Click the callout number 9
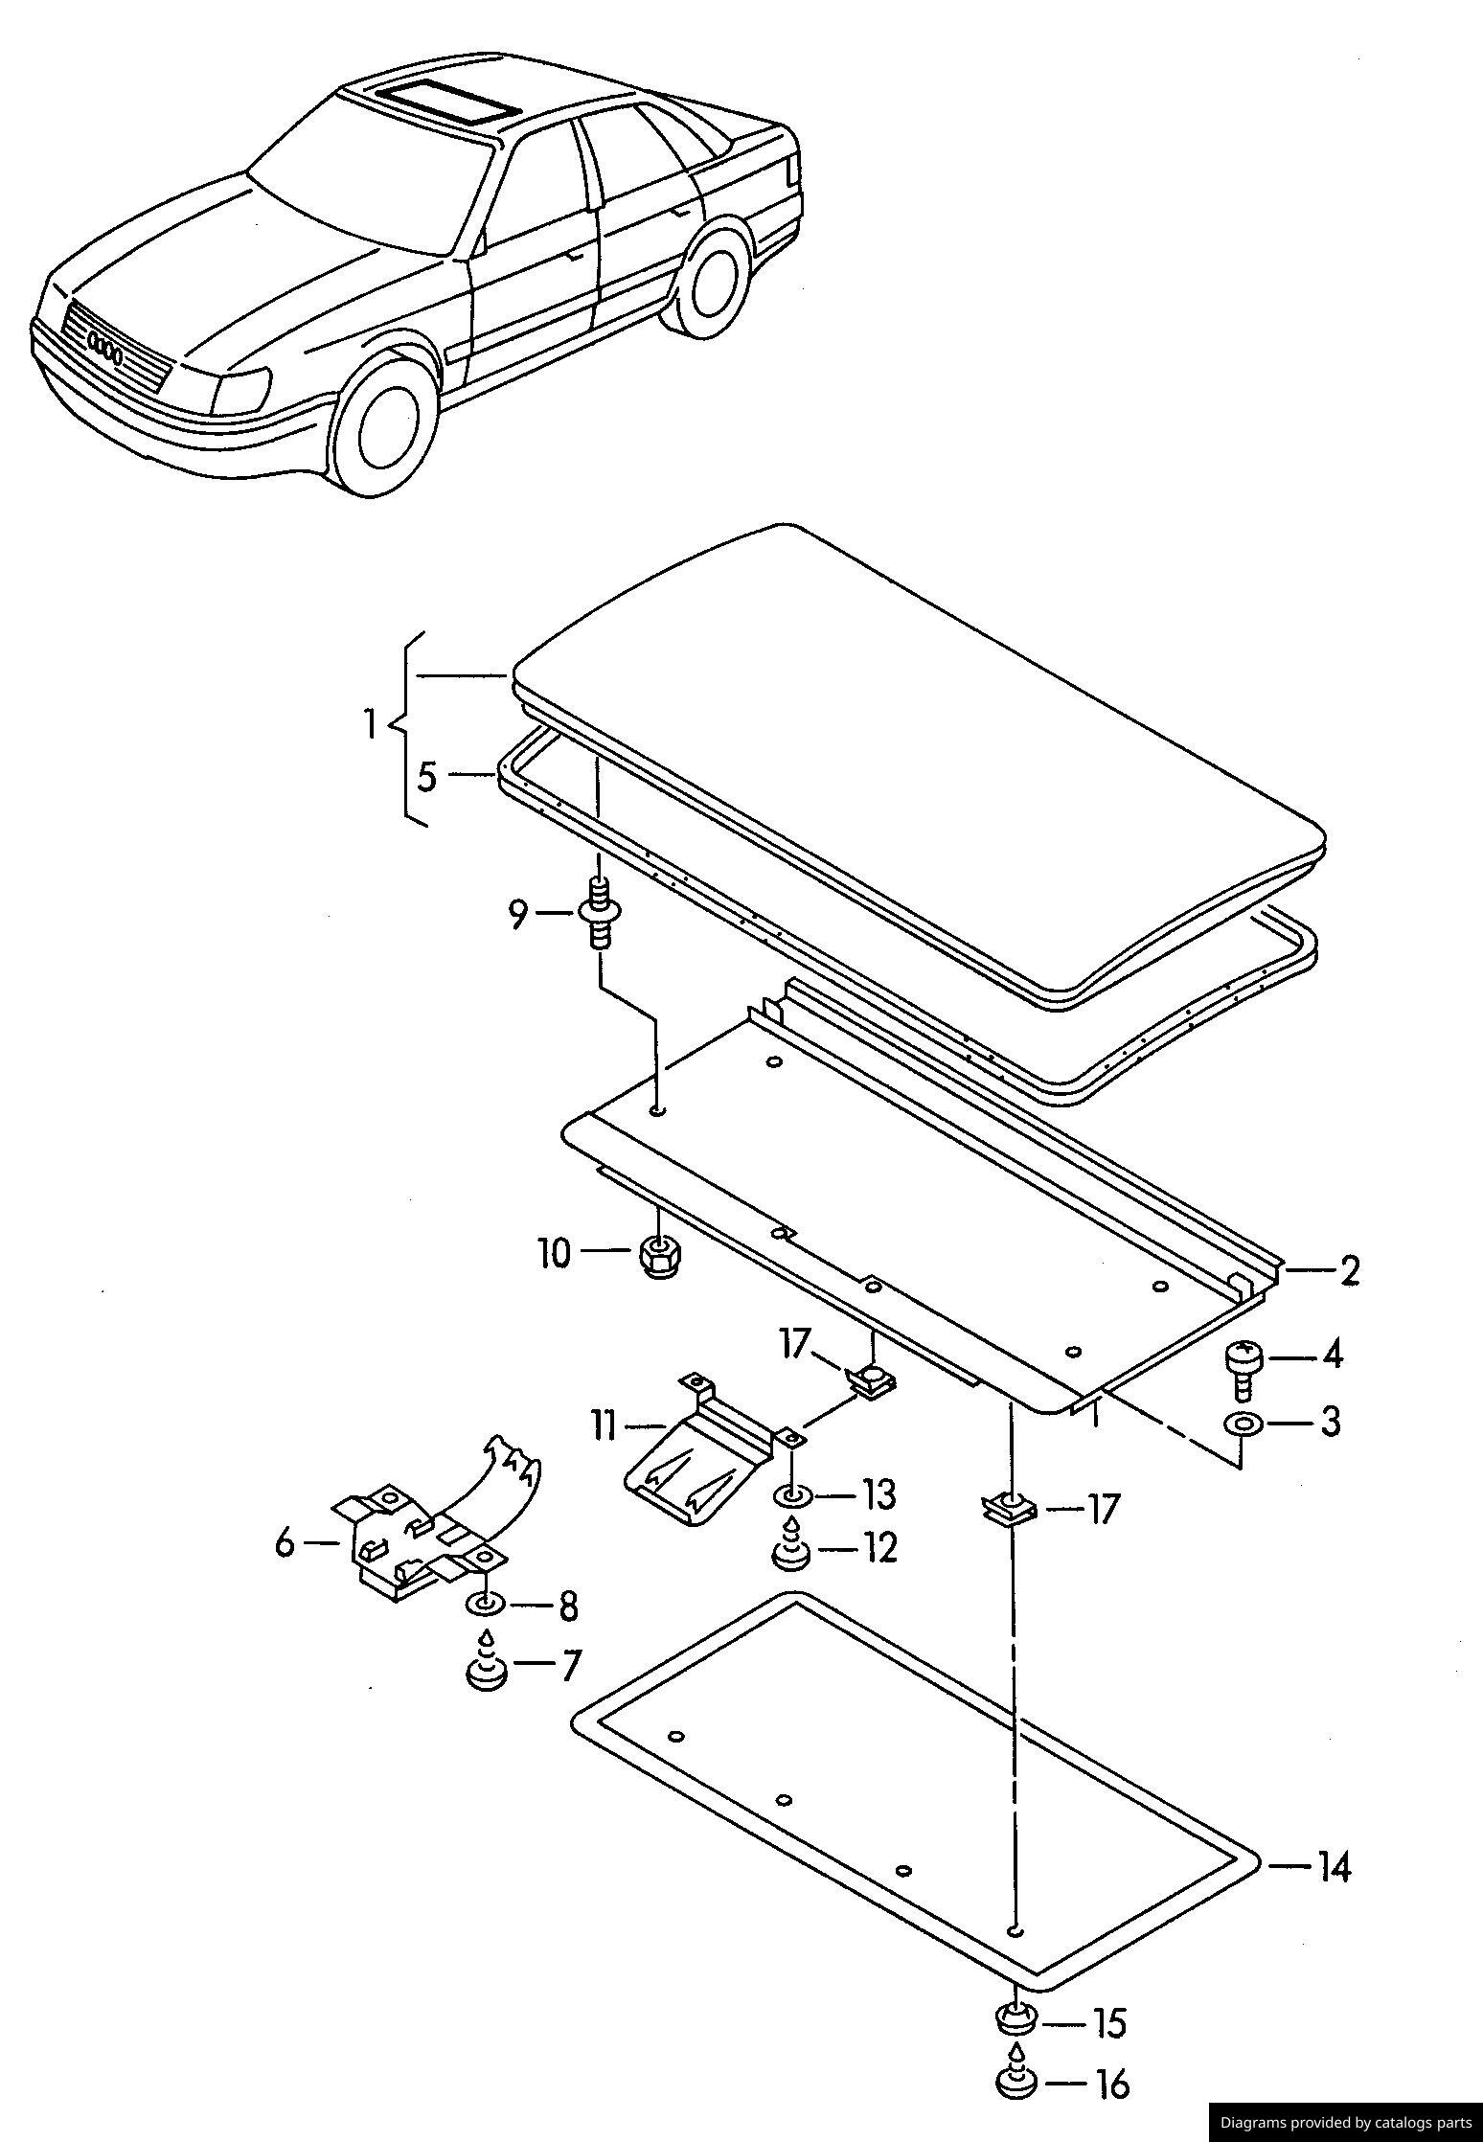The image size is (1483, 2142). tap(517, 916)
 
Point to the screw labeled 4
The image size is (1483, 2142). tap(1243, 1363)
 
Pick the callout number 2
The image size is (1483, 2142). tap(1349, 1271)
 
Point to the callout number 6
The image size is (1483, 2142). tap(285, 1544)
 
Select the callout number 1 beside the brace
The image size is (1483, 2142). tap(371, 724)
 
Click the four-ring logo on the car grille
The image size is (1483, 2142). tap(103, 350)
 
